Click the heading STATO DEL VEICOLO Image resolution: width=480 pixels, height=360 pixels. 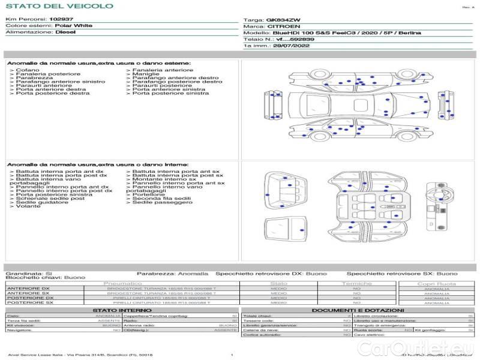[x=59, y=6]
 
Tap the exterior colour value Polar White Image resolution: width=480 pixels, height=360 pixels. [x=74, y=26]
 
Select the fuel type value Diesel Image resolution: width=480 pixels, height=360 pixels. [x=65, y=32]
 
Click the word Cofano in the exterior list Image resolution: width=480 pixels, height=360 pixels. [x=27, y=70]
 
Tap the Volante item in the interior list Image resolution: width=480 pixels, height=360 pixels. [x=28, y=206]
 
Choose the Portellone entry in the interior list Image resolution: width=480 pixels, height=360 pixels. [x=148, y=194]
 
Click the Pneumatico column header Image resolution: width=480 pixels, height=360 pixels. [x=123, y=283]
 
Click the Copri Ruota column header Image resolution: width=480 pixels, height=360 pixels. [x=436, y=283]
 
